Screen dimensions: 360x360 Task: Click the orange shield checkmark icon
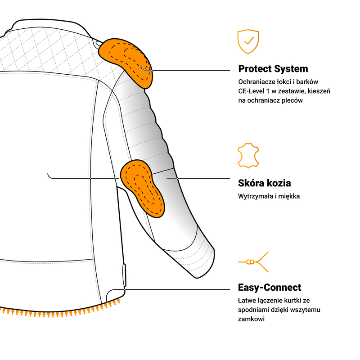(x=248, y=41)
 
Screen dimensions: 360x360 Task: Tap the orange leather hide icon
(x=248, y=156)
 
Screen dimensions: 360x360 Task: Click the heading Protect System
(x=273, y=69)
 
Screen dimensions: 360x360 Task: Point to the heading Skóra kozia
(x=264, y=183)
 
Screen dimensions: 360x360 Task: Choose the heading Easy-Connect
(x=270, y=288)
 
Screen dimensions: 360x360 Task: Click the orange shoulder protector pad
(x=126, y=61)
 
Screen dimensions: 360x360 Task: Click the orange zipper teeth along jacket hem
(x=58, y=310)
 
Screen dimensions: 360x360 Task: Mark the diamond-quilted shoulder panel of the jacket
(x=49, y=52)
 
